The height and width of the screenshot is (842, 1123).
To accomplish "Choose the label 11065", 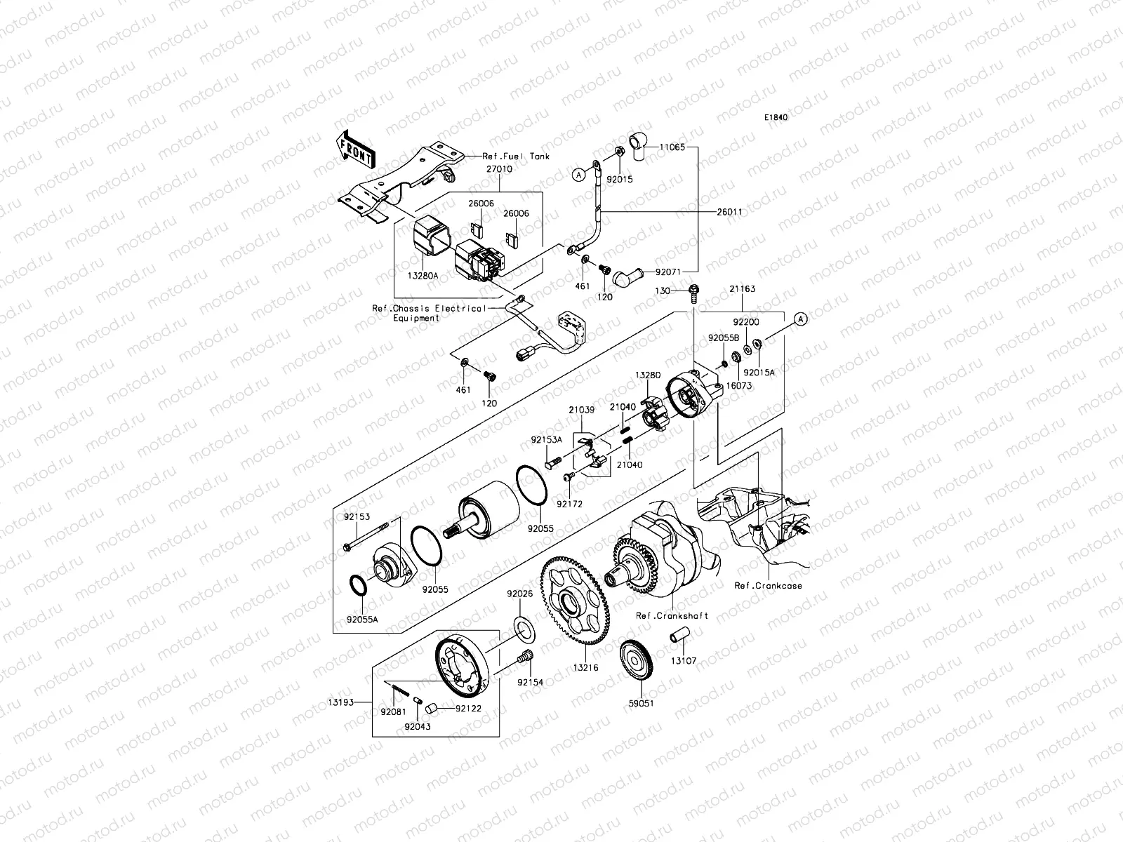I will (x=673, y=148).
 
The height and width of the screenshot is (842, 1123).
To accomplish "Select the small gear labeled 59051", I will (x=637, y=660).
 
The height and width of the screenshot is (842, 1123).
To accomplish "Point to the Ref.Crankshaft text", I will (x=672, y=615).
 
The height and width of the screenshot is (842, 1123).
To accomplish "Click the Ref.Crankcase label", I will (x=768, y=584).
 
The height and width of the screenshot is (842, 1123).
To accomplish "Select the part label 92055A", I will (x=362, y=620).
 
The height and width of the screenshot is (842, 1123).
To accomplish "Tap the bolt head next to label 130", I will (x=693, y=290).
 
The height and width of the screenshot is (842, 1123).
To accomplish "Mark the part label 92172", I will (x=569, y=503).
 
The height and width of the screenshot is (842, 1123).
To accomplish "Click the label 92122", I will (x=467, y=709).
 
